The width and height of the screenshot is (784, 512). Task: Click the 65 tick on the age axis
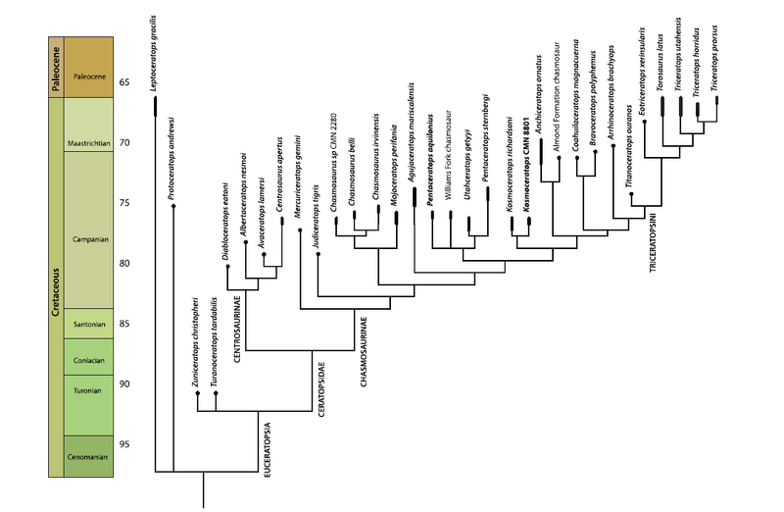(x=124, y=81)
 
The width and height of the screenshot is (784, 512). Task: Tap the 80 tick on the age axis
(x=124, y=263)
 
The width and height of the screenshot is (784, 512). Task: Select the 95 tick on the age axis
(x=124, y=444)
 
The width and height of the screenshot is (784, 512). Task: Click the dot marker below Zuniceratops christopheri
(x=198, y=393)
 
